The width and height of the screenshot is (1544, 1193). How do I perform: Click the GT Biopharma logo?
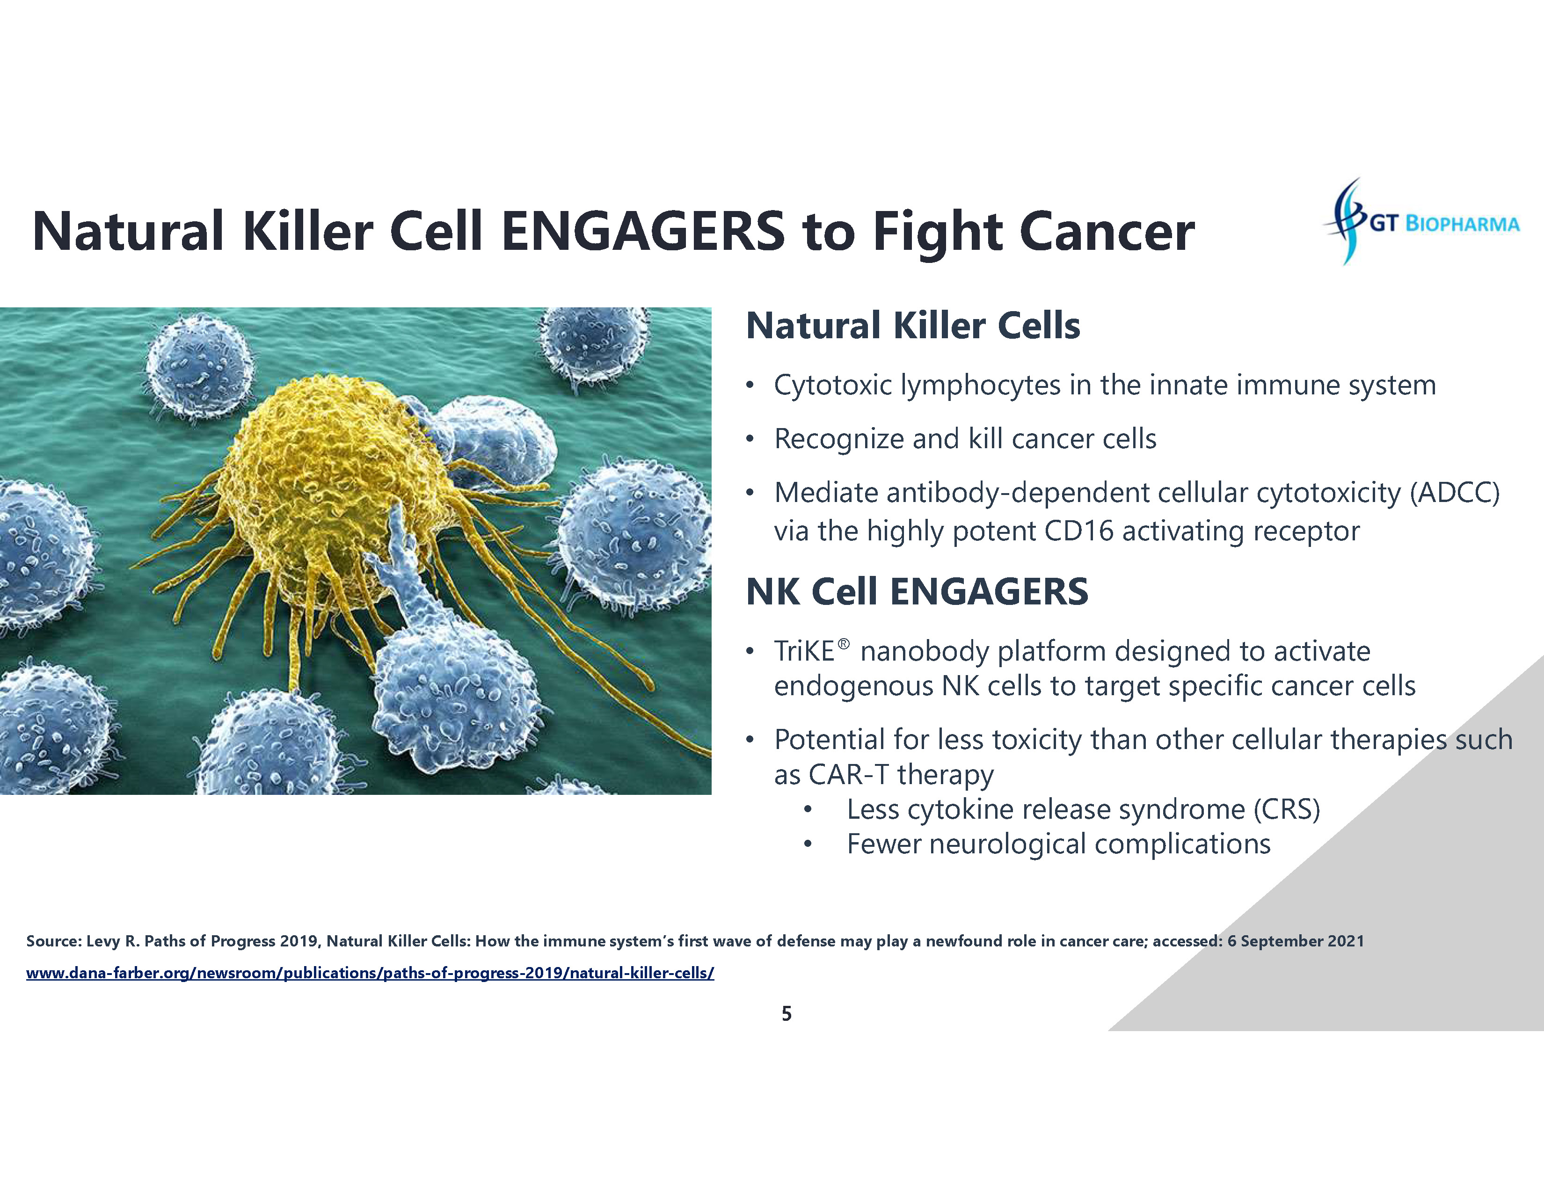click(1421, 222)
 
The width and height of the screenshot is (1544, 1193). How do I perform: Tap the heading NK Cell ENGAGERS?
click(917, 591)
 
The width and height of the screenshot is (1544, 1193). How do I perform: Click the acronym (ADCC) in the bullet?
click(1454, 493)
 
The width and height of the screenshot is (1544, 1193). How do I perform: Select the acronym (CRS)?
click(1287, 810)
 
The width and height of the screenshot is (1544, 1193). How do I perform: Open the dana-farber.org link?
click(370, 973)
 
